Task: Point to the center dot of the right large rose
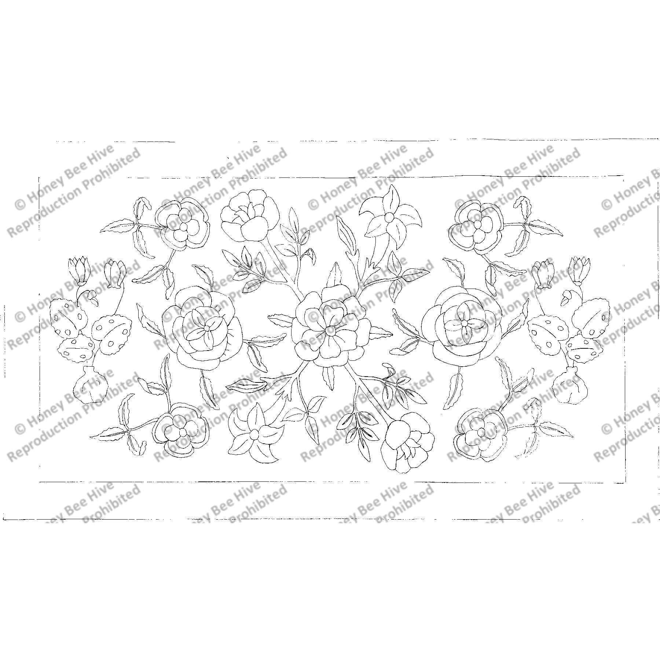(464, 323)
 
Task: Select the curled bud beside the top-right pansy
(525, 208)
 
